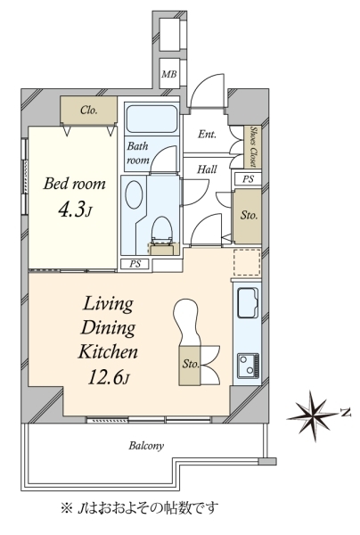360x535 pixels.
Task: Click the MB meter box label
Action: click(169, 74)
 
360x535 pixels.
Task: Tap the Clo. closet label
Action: click(89, 111)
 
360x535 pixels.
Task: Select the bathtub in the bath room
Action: click(151, 119)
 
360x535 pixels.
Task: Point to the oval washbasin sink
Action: click(134, 194)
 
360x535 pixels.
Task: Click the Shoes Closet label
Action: click(253, 147)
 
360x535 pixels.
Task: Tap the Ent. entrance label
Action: click(207, 134)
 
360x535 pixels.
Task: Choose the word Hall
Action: click(207, 169)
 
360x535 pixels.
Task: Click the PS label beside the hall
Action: click(248, 179)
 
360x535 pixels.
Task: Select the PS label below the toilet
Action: click(135, 264)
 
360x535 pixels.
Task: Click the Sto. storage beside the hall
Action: click(249, 215)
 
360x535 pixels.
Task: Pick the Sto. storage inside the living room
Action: click(190, 366)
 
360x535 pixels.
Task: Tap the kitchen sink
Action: click(248, 303)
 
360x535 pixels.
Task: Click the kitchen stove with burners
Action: click(248, 366)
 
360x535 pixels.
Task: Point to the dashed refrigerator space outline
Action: click(247, 262)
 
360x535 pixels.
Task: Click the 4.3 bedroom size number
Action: click(71, 210)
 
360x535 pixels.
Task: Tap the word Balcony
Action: click(146, 446)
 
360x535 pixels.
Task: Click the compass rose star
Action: click(312, 416)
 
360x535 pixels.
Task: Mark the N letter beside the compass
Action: click(347, 413)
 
